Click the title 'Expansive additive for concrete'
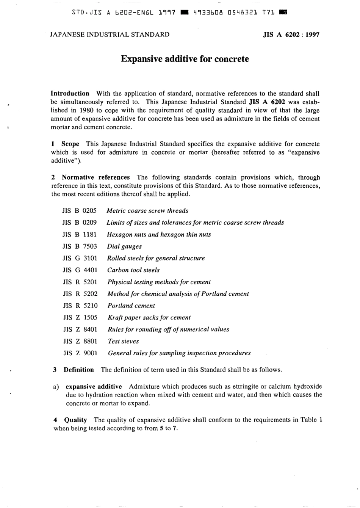click(185, 59)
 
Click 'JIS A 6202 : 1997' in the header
click(291, 35)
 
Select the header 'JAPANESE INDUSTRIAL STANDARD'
click(110, 35)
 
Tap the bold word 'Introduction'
click(70, 94)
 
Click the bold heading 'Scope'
click(70, 144)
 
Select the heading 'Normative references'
click(95, 177)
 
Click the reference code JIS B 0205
click(80, 211)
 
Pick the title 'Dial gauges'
click(124, 246)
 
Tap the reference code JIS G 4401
click(80, 270)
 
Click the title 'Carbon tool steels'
click(133, 270)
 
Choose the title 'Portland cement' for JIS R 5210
click(131, 306)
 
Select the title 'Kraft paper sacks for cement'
click(149, 318)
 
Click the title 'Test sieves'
click(123, 342)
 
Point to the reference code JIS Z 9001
click(80, 353)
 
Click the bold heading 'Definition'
click(78, 370)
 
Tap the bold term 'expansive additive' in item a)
click(94, 387)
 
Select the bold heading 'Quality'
click(75, 420)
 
